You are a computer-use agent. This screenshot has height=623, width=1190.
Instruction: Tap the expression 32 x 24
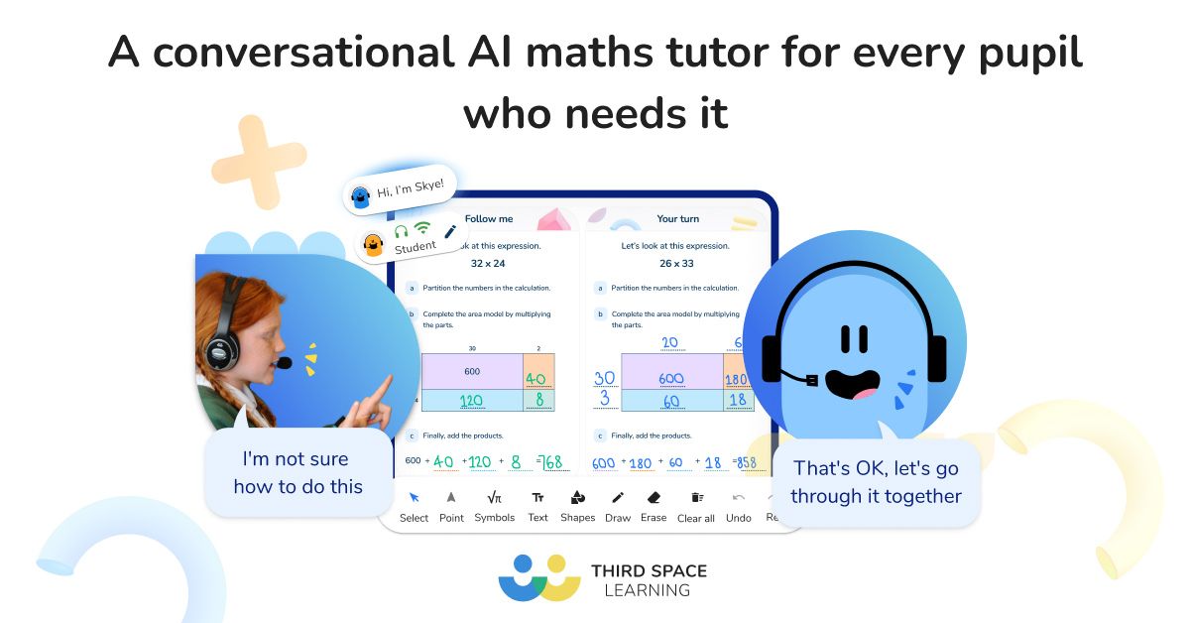(x=488, y=264)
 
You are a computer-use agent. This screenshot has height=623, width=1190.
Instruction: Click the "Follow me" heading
(x=489, y=218)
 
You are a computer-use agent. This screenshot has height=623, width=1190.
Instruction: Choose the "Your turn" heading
(x=678, y=218)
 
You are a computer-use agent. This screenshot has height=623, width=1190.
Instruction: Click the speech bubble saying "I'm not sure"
(x=298, y=472)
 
